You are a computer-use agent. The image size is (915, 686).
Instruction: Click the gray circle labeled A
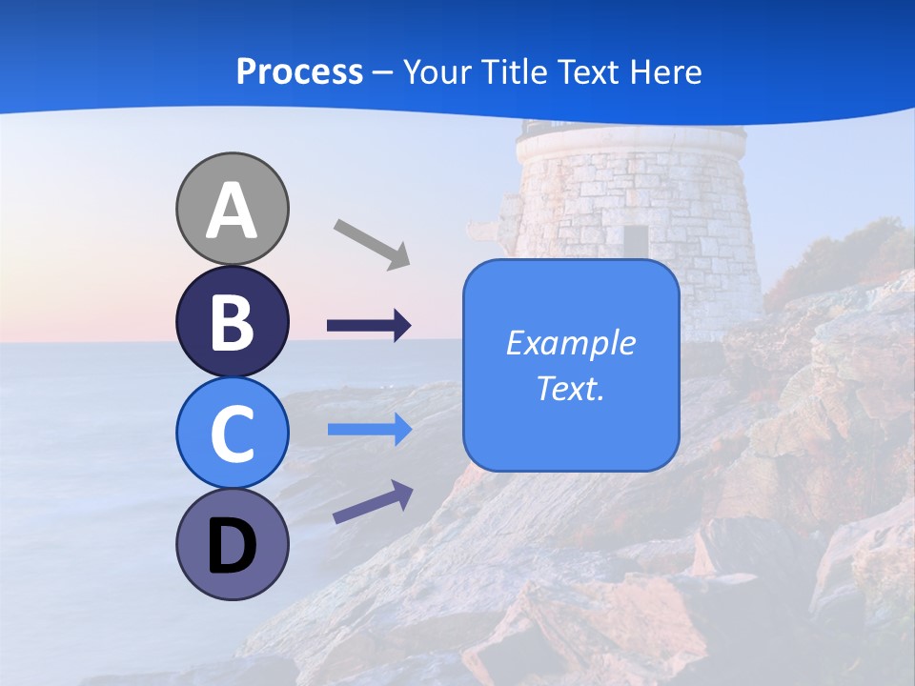click(x=233, y=209)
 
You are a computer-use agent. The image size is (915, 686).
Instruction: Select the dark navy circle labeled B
click(x=233, y=322)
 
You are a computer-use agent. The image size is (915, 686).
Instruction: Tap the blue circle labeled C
click(x=233, y=433)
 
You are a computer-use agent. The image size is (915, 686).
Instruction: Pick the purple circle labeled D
click(x=233, y=544)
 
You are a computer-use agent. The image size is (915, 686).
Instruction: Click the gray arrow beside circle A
click(x=372, y=243)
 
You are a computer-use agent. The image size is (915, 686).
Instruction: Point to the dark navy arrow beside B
click(x=369, y=326)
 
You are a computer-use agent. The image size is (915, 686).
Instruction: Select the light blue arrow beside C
click(x=369, y=430)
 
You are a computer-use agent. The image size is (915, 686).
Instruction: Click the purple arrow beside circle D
click(x=373, y=502)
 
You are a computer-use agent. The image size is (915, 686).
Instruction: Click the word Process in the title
click(x=299, y=71)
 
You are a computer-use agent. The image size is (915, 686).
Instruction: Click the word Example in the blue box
click(x=571, y=343)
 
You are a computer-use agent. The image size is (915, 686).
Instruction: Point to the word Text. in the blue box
click(x=571, y=388)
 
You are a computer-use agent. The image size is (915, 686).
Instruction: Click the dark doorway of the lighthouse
click(x=636, y=240)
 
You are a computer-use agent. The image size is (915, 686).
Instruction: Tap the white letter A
click(x=233, y=211)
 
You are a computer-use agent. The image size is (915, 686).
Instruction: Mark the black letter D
click(x=233, y=546)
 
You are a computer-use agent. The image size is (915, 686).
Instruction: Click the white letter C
click(x=233, y=434)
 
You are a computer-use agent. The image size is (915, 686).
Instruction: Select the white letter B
click(x=233, y=323)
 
